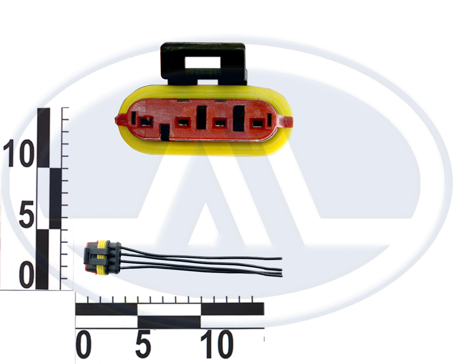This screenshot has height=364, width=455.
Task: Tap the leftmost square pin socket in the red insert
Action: pos(146,122)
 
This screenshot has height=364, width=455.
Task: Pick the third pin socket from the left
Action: pos(220,123)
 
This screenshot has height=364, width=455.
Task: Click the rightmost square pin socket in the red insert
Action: pos(257,123)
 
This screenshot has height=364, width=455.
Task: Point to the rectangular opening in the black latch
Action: pos(203,62)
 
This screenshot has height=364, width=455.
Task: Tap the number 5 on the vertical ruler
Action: pos(26,214)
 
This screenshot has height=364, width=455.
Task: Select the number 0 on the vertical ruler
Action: pos(26,275)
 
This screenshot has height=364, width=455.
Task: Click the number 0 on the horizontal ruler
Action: pos(84,343)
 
